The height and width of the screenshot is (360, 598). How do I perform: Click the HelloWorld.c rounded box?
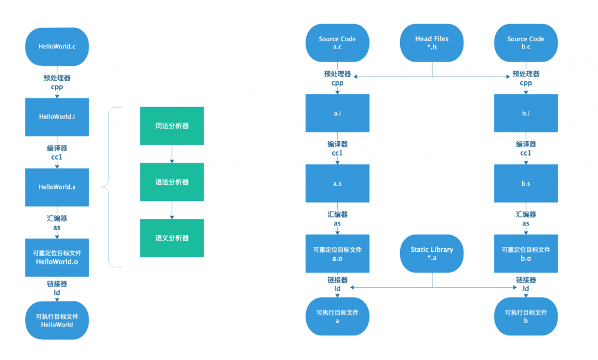(57, 46)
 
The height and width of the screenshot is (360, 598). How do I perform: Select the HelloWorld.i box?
(57, 117)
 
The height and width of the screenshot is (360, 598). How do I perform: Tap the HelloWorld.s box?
(57, 187)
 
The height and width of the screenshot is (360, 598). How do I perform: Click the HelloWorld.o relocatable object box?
(57, 257)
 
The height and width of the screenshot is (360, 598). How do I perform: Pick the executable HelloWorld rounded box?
(57, 320)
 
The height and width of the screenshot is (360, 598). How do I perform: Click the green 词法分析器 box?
(172, 126)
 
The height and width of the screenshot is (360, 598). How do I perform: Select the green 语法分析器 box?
(172, 182)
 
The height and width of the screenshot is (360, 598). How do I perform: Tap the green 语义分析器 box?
(172, 238)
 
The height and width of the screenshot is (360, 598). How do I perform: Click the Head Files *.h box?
(432, 42)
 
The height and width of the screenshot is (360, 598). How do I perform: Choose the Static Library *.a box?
(432, 254)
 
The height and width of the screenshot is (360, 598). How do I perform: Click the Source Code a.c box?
(337, 42)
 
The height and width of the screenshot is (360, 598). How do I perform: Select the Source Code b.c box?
(526, 42)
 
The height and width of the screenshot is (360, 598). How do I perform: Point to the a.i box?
(337, 112)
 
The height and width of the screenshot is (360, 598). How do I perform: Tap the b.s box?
(526, 183)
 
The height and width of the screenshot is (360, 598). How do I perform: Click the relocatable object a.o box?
(337, 254)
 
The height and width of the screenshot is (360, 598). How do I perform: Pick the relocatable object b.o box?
(526, 254)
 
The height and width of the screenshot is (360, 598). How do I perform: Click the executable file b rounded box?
(526, 316)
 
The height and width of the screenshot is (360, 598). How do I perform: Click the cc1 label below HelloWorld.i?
(57, 157)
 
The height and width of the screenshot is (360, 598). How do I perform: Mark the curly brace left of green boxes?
(108, 187)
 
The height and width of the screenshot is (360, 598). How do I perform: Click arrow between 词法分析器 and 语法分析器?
(172, 154)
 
